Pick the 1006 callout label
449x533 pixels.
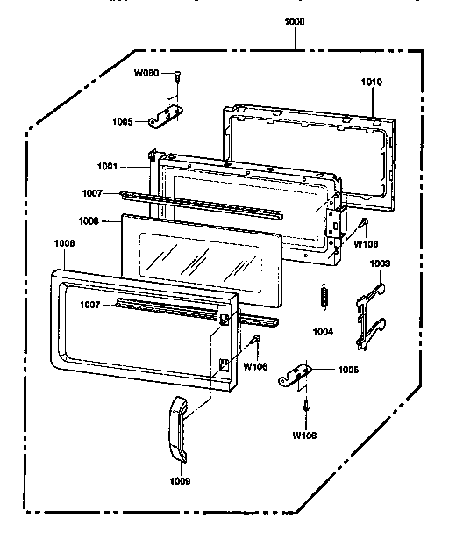point(89,220)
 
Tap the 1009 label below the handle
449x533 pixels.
point(181,481)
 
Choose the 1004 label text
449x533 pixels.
point(326,331)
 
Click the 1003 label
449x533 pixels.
point(380,263)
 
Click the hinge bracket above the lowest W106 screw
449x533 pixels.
point(296,376)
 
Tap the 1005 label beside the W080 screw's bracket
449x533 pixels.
point(123,121)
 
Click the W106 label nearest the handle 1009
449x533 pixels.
point(255,366)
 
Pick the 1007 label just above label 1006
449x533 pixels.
point(93,192)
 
